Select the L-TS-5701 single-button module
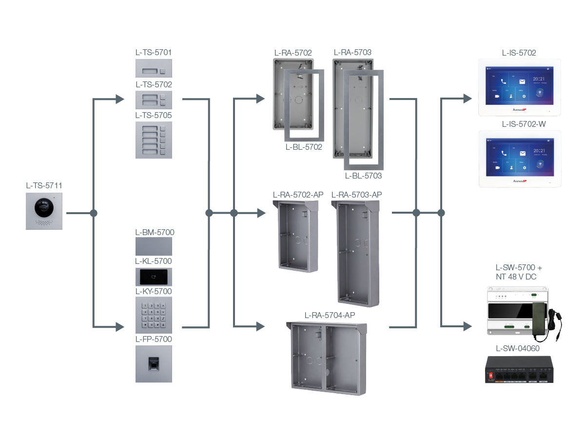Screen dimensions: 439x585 (154, 69)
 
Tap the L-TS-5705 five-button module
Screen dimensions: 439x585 (154, 140)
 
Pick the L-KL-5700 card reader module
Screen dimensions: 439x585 (154, 277)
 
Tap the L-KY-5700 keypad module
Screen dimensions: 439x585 (154, 315)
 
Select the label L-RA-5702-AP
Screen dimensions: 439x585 (298, 195)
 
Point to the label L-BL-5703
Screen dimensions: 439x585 (363, 176)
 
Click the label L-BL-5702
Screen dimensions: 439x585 (304, 147)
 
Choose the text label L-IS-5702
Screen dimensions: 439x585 (519, 53)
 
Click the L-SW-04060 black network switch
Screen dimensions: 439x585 (520, 369)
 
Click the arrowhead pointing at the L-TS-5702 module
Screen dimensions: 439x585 (120, 100)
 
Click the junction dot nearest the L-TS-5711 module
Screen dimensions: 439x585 (94, 213)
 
